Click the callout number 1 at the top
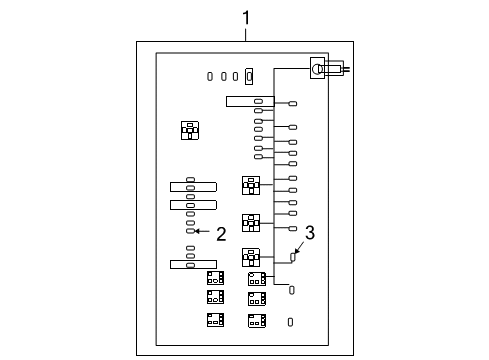[245, 16]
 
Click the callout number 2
[221, 234]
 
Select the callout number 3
[310, 233]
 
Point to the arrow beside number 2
[202, 231]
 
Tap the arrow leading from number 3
[299, 249]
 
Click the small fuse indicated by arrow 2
[189, 231]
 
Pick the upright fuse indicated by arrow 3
[293, 258]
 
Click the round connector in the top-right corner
[318, 68]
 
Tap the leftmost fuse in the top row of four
[209, 75]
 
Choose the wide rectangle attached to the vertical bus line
[243, 101]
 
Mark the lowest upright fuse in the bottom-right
[290, 321]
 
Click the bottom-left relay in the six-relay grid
[215, 319]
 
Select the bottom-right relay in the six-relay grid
[257, 319]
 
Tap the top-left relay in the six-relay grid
[215, 277]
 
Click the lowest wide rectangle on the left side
[192, 264]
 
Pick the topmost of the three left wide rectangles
[192, 186]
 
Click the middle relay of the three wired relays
[251, 222]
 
